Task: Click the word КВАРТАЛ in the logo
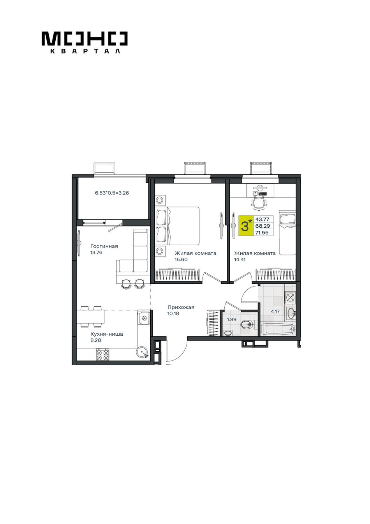click(85, 51)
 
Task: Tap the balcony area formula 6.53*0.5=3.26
click(112, 193)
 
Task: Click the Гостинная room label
click(104, 246)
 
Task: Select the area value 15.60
click(181, 259)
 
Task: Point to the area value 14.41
click(240, 259)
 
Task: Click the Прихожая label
click(181, 307)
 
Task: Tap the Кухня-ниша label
click(107, 334)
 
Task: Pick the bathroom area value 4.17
click(275, 312)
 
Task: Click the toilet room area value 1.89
click(232, 319)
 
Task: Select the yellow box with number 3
click(246, 226)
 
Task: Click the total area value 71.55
click(262, 232)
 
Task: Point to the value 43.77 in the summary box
click(262, 220)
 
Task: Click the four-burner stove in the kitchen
click(102, 354)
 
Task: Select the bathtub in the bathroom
click(278, 329)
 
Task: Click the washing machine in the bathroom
click(290, 298)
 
